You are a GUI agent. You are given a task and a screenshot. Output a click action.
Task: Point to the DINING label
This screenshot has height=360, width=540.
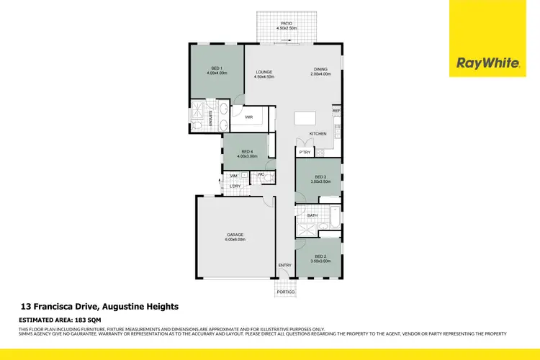320,70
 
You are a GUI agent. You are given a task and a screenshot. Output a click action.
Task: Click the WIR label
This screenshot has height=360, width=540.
248,117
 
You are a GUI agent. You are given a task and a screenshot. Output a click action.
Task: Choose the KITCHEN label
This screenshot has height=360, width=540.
318,134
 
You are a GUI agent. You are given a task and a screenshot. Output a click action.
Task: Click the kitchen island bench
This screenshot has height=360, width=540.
305,118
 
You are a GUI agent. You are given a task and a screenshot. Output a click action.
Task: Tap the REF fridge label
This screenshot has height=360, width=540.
336,111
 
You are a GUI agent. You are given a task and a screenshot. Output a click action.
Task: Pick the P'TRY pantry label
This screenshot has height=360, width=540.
305,152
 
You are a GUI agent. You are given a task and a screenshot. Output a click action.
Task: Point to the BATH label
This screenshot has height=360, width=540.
312,215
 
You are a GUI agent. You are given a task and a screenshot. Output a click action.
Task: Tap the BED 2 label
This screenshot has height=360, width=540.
320,257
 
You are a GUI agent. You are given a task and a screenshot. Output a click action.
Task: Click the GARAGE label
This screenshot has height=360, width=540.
235,235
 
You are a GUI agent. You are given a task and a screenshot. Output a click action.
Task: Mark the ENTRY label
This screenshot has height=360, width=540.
285,265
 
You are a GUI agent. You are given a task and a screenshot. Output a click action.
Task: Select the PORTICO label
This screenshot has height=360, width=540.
285,291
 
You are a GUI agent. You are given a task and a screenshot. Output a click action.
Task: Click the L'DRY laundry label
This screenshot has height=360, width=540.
235,187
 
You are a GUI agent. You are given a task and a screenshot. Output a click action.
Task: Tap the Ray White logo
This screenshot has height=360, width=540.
487,63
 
